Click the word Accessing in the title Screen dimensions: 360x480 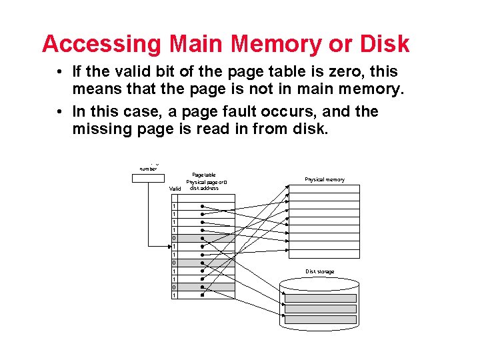(101, 44)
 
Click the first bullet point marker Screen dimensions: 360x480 (60, 72)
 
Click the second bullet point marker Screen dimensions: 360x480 (60, 111)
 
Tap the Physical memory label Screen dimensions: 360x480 (325, 180)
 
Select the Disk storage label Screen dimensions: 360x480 (320, 271)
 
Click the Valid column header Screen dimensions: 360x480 (175, 189)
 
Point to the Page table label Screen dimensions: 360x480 (203, 175)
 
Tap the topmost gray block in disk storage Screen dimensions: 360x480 (321, 298)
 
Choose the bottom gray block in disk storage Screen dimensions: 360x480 (321, 319)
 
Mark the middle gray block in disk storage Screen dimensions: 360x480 (321, 309)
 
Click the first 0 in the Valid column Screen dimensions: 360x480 (175, 238)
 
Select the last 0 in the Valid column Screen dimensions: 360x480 (175, 287)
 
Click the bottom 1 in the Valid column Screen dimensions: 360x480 (175, 295)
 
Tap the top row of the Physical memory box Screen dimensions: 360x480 (324, 189)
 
